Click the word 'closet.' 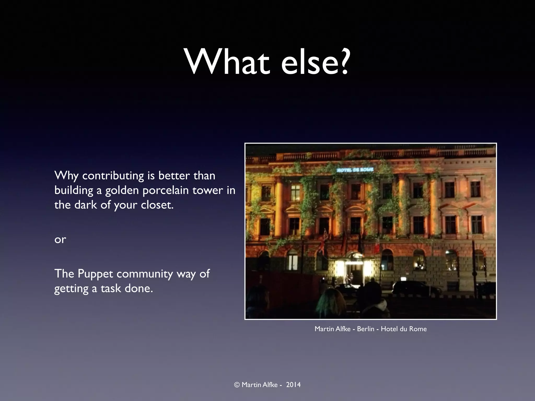[x=157, y=205]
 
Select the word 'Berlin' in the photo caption [x=365, y=329]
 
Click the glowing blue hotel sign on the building [x=355, y=170]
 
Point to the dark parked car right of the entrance [x=415, y=288]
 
